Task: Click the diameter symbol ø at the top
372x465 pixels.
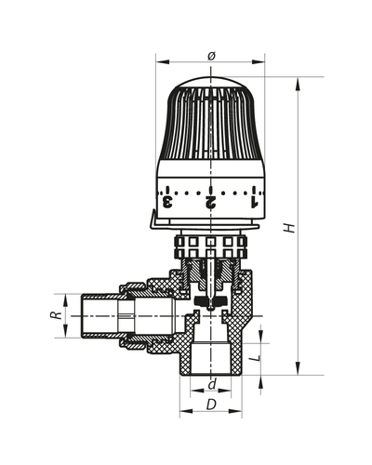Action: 211,56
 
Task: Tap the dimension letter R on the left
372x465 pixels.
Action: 56,315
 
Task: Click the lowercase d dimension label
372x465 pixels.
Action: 213,383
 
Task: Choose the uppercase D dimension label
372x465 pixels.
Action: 213,407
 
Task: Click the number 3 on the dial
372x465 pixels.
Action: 167,199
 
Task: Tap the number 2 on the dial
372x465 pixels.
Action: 211,199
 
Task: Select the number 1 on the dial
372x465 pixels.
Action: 254,199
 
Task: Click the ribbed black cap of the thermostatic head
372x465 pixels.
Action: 211,126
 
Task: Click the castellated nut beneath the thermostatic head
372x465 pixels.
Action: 211,249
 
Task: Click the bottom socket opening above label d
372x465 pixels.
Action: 211,358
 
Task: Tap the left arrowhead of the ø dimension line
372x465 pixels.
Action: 159,64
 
